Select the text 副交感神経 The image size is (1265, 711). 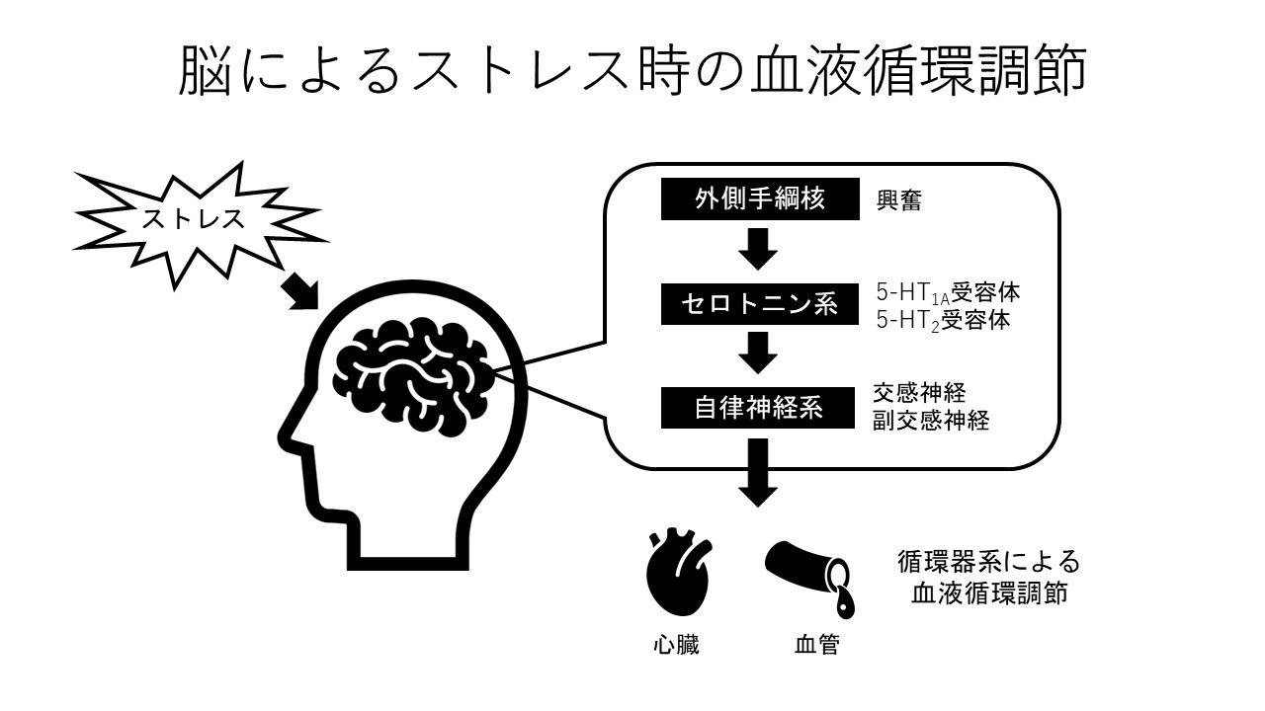click(930, 421)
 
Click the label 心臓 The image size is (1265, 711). click(677, 647)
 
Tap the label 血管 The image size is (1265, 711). click(817, 647)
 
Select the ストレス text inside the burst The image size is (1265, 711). click(193, 218)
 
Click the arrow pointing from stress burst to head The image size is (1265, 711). click(301, 288)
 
